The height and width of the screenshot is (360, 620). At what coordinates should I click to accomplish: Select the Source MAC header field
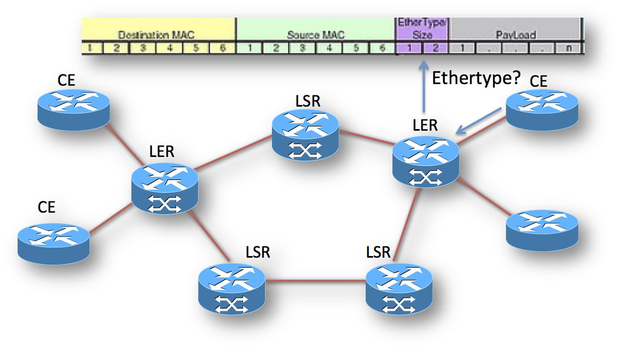[x=315, y=35]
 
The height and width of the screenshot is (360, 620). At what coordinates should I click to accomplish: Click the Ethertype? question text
[x=476, y=78]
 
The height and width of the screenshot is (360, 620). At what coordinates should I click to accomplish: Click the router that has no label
[x=542, y=229]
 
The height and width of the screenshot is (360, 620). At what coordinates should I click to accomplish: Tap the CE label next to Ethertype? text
[x=539, y=81]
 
